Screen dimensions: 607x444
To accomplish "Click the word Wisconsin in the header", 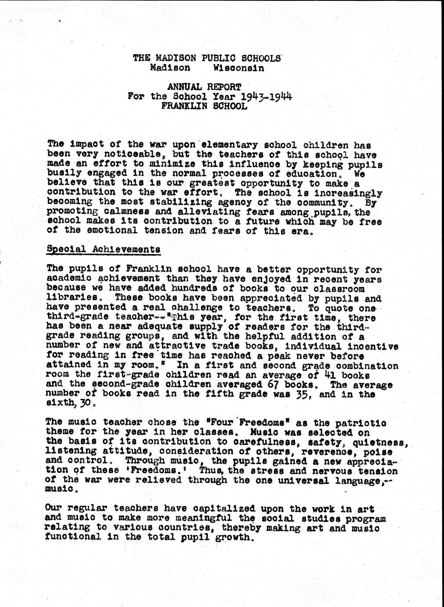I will click(238, 68).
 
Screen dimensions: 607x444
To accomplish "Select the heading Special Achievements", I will click(103, 249).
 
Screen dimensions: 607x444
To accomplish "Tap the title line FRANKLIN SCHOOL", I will click(204, 106).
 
